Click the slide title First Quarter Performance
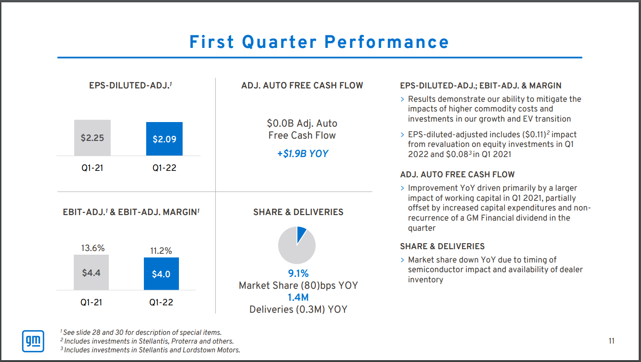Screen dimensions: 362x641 click(x=319, y=42)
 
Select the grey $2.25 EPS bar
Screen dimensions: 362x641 click(x=92, y=138)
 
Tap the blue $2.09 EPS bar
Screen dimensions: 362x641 click(x=164, y=139)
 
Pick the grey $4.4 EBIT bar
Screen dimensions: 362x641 click(x=91, y=273)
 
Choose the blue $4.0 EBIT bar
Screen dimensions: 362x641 click(x=161, y=274)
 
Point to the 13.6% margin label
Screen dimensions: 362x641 click(x=93, y=248)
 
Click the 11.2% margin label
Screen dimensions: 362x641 click(x=161, y=251)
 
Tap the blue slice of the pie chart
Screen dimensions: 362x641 click(x=301, y=233)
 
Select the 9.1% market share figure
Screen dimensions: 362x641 click(x=298, y=274)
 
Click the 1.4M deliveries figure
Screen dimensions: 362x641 click(x=298, y=298)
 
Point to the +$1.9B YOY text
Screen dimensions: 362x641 click(x=303, y=153)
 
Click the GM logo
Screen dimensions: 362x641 click(x=33, y=341)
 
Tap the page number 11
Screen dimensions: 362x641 click(x=611, y=341)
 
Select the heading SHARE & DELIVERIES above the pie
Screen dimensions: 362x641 click(x=298, y=212)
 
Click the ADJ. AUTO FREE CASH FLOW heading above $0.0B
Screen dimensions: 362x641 click(x=302, y=86)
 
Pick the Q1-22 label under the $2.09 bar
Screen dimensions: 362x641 click(x=164, y=168)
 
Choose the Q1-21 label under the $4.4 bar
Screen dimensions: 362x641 click(x=91, y=303)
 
